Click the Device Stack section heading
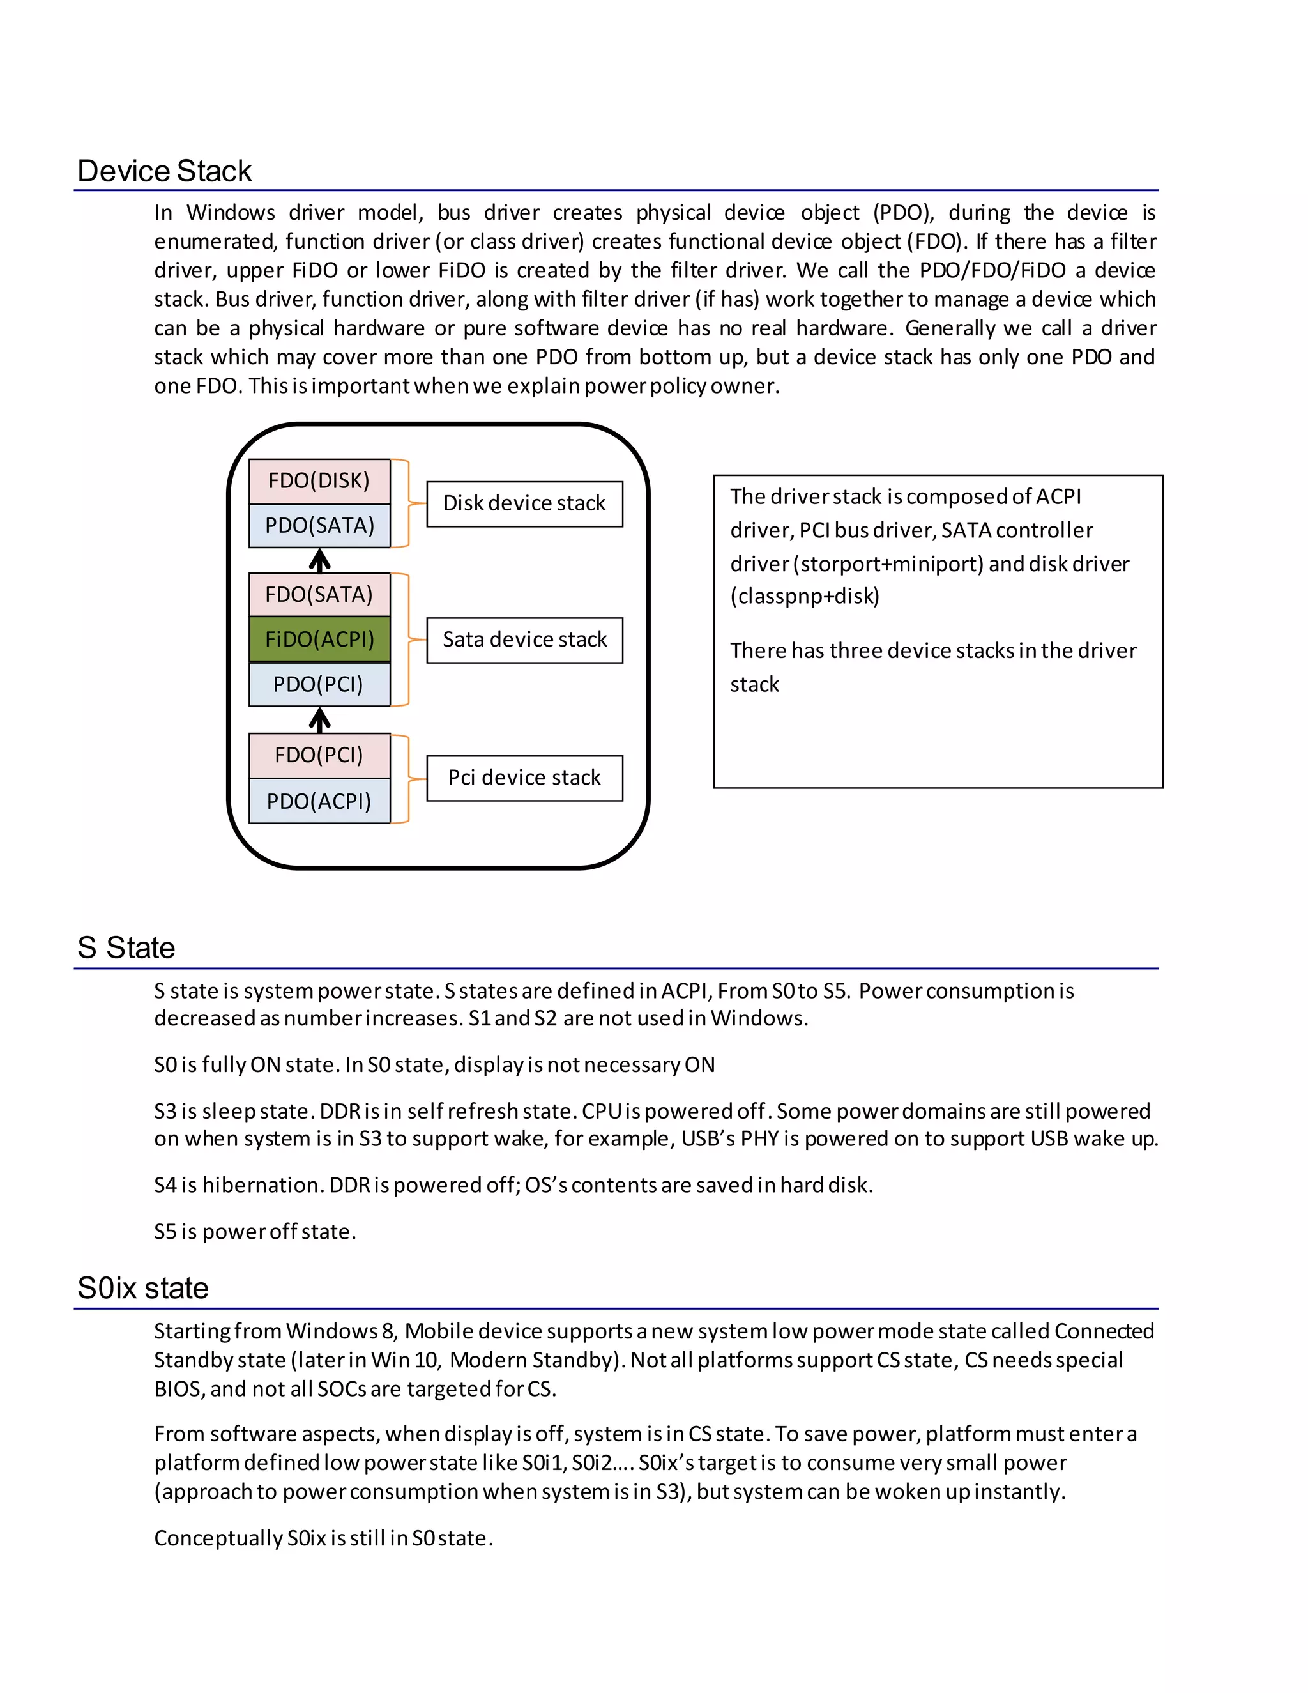click(x=164, y=171)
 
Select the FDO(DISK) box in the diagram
click(x=319, y=480)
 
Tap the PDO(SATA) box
click(x=319, y=526)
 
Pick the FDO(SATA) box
click(x=319, y=595)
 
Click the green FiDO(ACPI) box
click(x=319, y=640)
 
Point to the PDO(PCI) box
click(x=319, y=684)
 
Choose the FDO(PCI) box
click(x=319, y=755)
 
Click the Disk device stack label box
click(x=524, y=504)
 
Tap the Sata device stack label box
click(x=524, y=640)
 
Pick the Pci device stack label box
click(x=524, y=778)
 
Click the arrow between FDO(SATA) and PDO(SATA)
click(x=319, y=560)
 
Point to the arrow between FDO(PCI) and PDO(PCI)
click(x=319, y=720)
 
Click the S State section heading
click(x=126, y=948)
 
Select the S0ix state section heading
click(x=143, y=1289)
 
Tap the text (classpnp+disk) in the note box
click(x=804, y=596)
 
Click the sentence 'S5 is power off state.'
click(x=255, y=1232)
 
